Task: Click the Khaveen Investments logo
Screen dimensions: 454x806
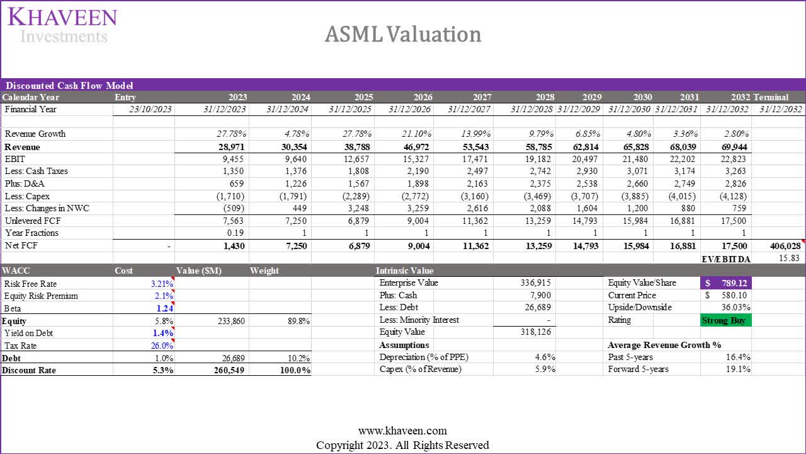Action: pyautogui.click(x=62, y=25)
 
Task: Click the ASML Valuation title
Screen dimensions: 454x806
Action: pyautogui.click(x=403, y=34)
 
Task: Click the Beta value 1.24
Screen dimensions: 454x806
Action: pyautogui.click(x=165, y=308)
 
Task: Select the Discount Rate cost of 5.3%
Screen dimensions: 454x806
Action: pyautogui.click(x=163, y=370)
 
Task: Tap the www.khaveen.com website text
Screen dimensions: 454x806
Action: pyautogui.click(x=402, y=431)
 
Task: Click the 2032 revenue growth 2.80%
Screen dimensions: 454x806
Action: pyautogui.click(x=733, y=134)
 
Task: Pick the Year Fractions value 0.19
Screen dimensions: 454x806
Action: pyautogui.click(x=237, y=233)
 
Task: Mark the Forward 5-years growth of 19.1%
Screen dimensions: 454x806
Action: pyautogui.click(x=737, y=370)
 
